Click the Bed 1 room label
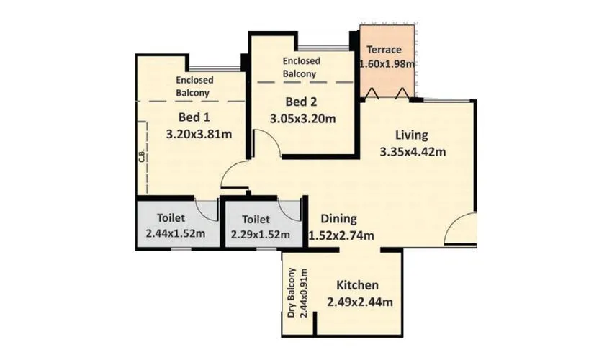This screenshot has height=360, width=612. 192,117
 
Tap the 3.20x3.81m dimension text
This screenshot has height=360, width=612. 202,134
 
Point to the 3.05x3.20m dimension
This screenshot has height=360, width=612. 302,118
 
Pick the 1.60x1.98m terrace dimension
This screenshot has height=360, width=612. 387,64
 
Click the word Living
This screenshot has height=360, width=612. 412,135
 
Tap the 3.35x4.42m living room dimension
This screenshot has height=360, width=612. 413,151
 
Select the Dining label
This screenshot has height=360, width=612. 338,219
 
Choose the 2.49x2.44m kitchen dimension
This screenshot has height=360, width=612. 360,302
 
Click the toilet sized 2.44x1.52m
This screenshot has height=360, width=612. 176,226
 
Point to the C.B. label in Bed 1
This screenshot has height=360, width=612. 142,156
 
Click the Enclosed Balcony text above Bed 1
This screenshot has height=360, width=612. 193,86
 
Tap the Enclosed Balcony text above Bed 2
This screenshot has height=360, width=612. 301,68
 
